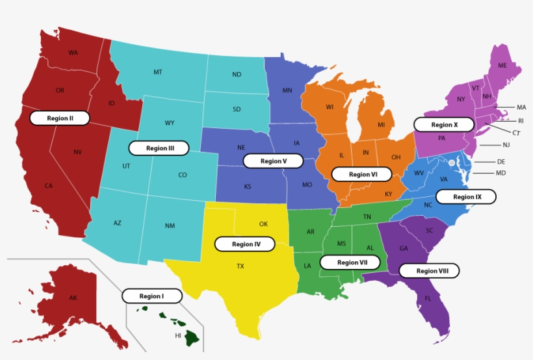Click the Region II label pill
pyautogui.click(x=60, y=119)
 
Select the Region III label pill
pyautogui.click(x=160, y=148)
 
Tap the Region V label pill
pyautogui.click(x=273, y=161)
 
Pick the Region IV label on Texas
pyautogui.click(x=244, y=244)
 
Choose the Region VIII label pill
pyautogui.click(x=428, y=271)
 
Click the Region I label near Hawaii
pyautogui.click(x=151, y=296)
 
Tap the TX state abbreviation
pyautogui.click(x=240, y=266)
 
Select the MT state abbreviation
pyautogui.click(x=158, y=72)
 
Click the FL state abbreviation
pyautogui.click(x=428, y=298)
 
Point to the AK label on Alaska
pyautogui.click(x=73, y=298)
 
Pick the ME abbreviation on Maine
pyautogui.click(x=502, y=66)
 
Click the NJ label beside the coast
pyautogui.click(x=506, y=145)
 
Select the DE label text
pyautogui.click(x=500, y=161)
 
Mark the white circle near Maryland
pyautogui.click(x=451, y=161)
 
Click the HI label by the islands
pyautogui.click(x=177, y=335)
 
